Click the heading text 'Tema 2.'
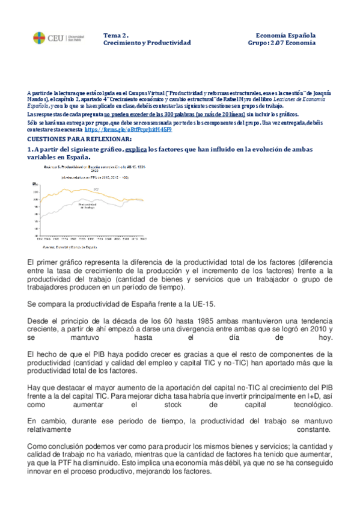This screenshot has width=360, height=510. tap(115, 35)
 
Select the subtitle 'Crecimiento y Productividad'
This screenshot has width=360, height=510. tap(147, 43)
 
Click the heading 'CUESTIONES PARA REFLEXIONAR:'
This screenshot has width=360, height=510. tap(73, 138)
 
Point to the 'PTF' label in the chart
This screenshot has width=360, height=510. tap(97, 189)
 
